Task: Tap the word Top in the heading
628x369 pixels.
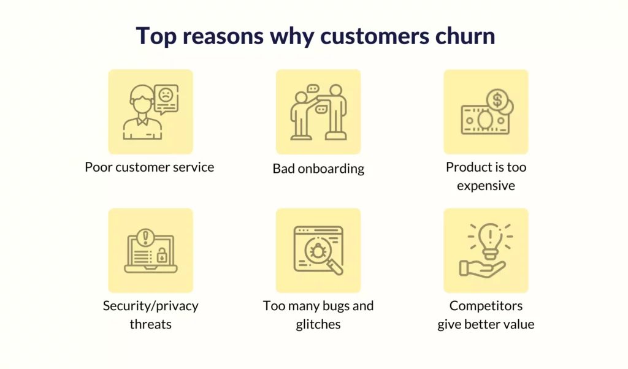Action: click(156, 36)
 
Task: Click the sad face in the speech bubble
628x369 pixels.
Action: click(166, 95)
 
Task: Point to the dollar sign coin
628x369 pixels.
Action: click(497, 100)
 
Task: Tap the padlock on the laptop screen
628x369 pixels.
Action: click(162, 255)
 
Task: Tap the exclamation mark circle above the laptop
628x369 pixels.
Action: click(145, 237)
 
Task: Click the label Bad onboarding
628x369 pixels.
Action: click(318, 169)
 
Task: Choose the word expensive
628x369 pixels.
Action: click(486, 186)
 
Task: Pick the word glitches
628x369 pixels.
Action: click(318, 324)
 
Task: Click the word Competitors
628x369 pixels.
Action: click(486, 306)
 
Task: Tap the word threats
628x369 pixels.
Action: click(151, 324)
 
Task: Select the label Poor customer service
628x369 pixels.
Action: click(150, 167)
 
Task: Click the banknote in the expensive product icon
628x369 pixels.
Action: click(486, 120)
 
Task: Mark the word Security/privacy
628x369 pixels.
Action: click(151, 306)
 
